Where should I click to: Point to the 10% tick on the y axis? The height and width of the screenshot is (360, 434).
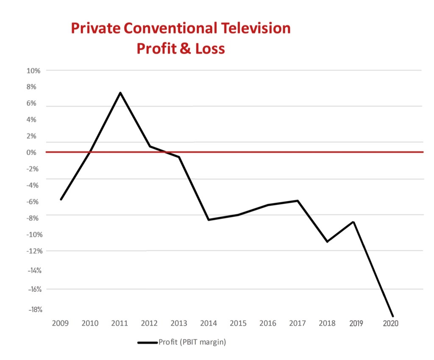(x=33, y=71)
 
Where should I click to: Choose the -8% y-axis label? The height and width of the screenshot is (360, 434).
(x=33, y=218)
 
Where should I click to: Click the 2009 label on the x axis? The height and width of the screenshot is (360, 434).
(x=60, y=323)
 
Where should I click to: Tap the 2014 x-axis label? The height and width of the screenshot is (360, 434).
(x=209, y=323)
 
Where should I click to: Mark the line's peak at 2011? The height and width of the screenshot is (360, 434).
(x=120, y=93)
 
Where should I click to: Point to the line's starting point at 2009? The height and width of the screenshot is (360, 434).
(x=61, y=199)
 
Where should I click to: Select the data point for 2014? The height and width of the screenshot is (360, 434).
(x=209, y=220)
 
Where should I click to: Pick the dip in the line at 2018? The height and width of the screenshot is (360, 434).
(x=327, y=241)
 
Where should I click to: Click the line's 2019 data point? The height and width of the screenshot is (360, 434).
(x=353, y=222)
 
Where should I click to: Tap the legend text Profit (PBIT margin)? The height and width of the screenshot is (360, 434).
(x=192, y=343)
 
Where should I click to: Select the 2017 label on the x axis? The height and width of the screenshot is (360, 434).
(x=298, y=323)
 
